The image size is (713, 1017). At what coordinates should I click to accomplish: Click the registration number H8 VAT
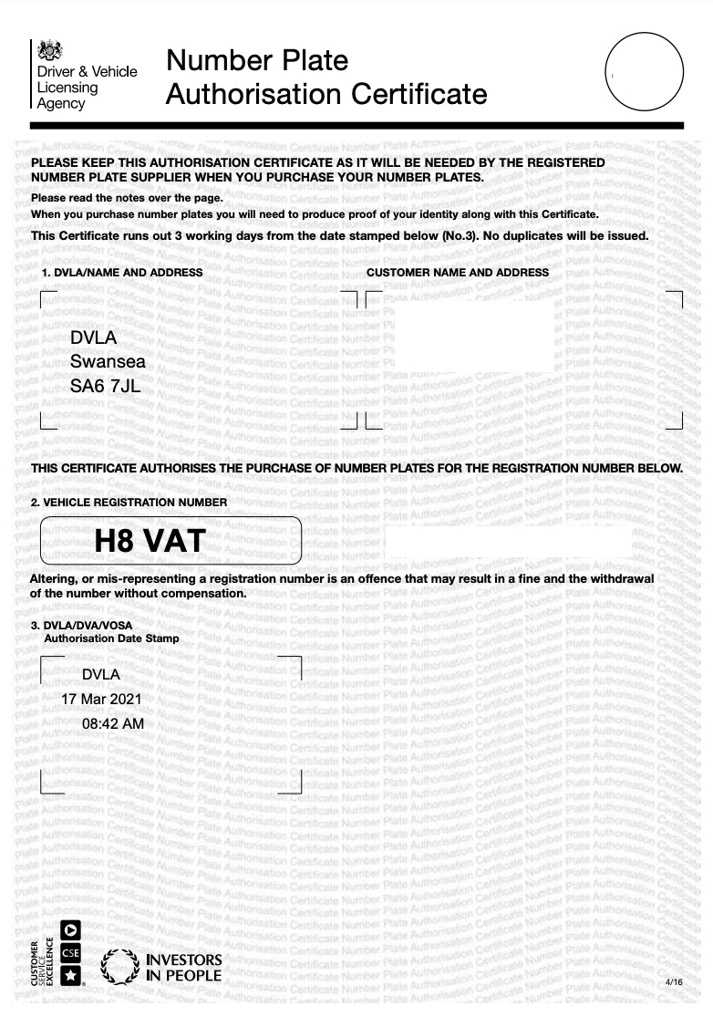(150, 542)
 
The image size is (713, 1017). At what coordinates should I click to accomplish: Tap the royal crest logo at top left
(51, 50)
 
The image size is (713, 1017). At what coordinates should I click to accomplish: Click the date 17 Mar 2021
(100, 699)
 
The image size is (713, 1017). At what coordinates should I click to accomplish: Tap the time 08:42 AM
(112, 723)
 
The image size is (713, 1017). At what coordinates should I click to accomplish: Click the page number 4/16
(675, 981)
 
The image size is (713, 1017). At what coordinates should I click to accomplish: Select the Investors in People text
(183, 968)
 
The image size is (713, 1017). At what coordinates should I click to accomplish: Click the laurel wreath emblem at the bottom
(119, 968)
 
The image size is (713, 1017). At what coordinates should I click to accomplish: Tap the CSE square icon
(69, 952)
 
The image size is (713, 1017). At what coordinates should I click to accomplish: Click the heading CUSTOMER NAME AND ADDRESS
(458, 273)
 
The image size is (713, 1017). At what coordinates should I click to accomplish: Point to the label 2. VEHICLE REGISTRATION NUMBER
(129, 503)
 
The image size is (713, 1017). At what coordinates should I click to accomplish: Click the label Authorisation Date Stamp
(111, 638)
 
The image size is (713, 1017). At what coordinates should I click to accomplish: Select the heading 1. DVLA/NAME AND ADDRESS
(122, 273)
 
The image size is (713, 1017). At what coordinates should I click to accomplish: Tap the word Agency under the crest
(60, 104)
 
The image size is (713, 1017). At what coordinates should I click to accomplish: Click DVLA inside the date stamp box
(100, 675)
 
